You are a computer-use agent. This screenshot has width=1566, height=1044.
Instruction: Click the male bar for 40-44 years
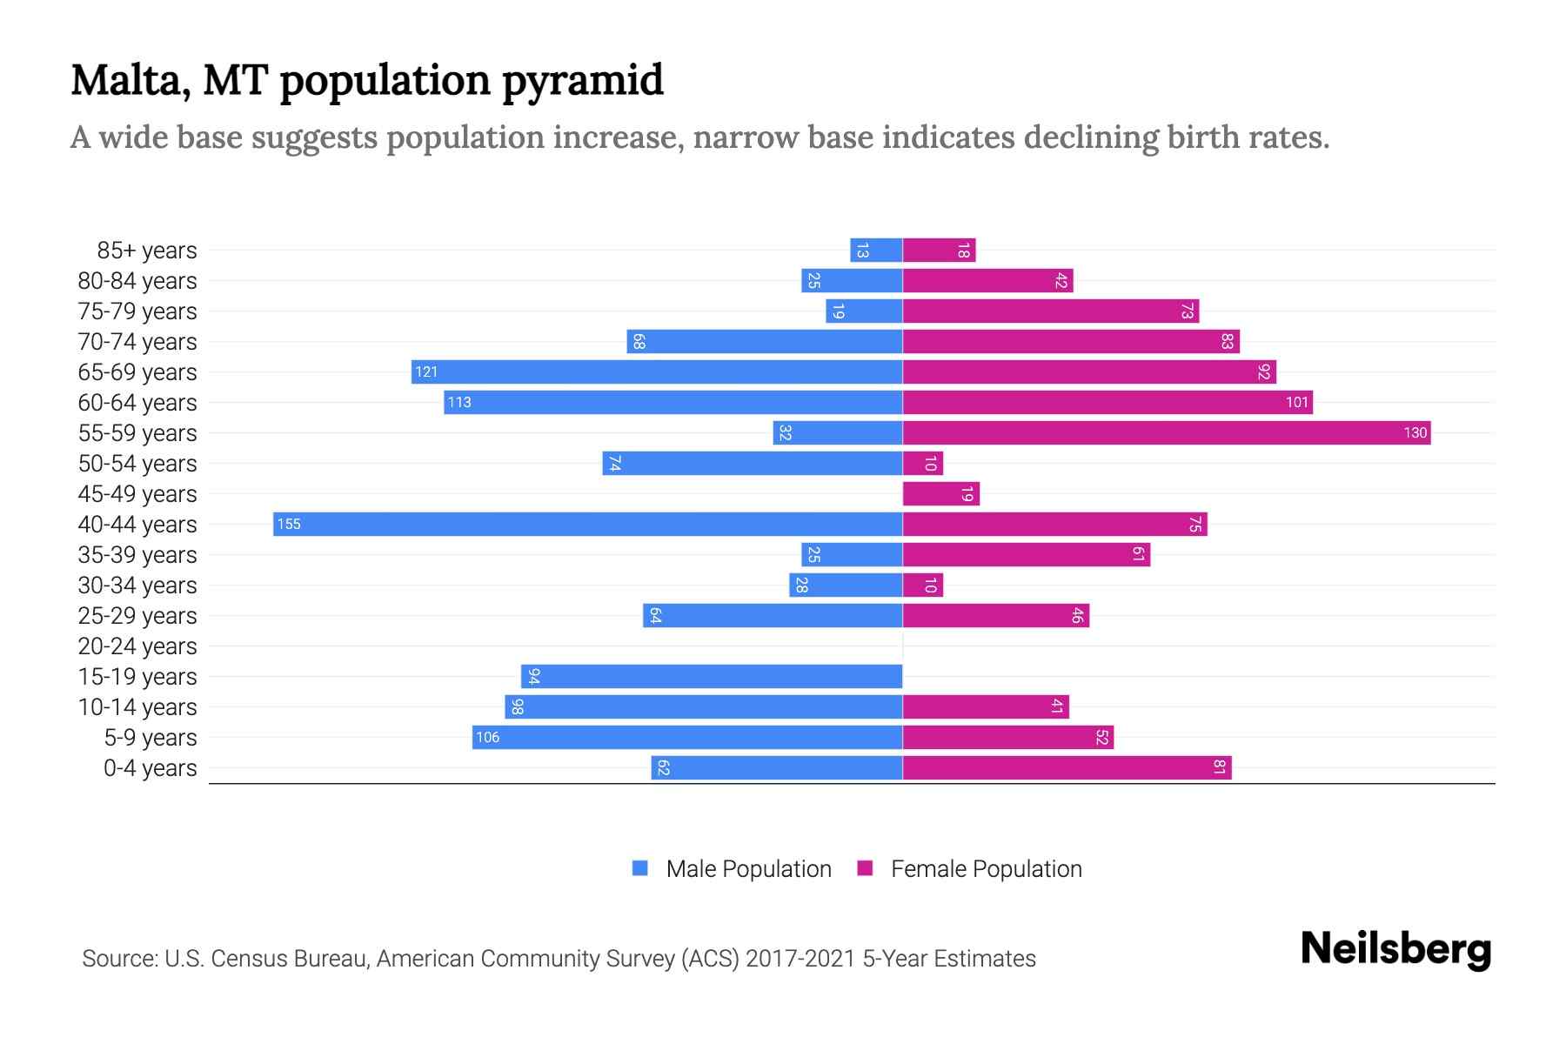pos(587,524)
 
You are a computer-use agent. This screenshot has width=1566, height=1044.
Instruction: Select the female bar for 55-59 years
pos(1166,432)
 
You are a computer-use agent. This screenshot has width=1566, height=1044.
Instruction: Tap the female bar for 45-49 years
pos(940,493)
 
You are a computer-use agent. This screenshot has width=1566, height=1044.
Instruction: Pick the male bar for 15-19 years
pos(712,676)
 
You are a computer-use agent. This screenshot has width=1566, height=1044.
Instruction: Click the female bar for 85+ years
pos(939,251)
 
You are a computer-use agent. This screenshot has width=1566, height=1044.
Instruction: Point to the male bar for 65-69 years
pos(657,371)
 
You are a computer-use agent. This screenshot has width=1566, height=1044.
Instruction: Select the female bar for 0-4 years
pos(1067,767)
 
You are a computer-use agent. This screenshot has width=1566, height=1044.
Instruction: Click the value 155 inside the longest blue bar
pos(289,524)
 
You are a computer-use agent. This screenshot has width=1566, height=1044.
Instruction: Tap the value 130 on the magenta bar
pos(1415,432)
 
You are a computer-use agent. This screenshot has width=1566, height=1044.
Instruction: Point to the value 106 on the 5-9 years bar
pos(487,737)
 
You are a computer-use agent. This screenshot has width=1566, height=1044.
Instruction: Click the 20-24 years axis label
pos(137,646)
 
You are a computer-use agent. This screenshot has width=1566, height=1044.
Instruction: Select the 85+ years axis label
pos(147,251)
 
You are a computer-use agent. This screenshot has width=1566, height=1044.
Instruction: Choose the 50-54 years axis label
pos(137,464)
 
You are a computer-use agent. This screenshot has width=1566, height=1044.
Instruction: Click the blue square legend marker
pos(640,868)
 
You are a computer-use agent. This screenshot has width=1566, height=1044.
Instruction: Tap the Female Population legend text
pos(986,869)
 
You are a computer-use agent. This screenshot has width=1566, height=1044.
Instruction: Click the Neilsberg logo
pos(1395,949)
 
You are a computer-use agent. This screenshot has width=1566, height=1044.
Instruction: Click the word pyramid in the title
pos(582,81)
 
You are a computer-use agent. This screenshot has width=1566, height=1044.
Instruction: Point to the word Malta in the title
pos(130,81)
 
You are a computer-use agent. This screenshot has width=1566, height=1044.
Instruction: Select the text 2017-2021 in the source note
pos(800,959)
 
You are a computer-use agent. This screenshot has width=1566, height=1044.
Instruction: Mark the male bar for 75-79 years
pos(864,311)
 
